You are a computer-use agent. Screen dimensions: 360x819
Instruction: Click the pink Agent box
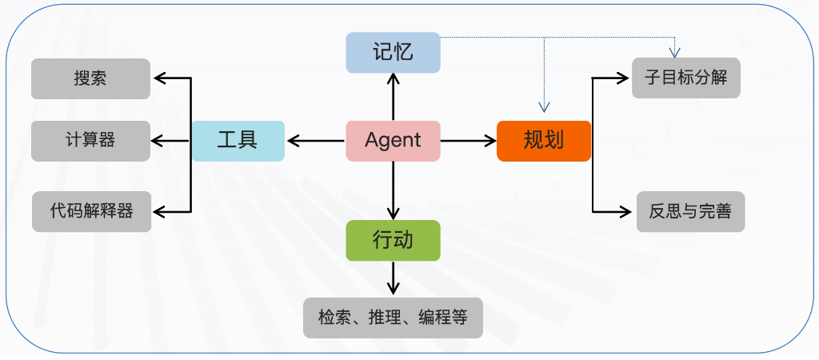[x=393, y=141]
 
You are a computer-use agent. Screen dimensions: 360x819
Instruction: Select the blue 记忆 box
[x=393, y=53]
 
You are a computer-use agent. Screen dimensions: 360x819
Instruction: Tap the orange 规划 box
[x=544, y=141]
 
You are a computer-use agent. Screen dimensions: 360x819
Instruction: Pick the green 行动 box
[x=393, y=240]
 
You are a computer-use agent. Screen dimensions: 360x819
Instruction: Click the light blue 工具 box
[x=238, y=141]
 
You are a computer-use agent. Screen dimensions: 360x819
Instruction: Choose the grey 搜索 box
[x=90, y=78]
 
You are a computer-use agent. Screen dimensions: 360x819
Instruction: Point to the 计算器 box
[x=90, y=141]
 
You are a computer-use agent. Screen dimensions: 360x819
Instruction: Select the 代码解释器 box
[x=91, y=212]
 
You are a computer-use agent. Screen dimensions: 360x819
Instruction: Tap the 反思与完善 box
[x=691, y=212]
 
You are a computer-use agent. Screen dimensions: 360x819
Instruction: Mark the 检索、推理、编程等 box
[x=393, y=318]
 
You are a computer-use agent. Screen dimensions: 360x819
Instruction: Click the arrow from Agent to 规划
[x=468, y=141]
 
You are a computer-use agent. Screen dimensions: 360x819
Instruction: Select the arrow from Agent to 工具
[x=315, y=141]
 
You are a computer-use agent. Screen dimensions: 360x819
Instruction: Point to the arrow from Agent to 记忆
[x=393, y=96]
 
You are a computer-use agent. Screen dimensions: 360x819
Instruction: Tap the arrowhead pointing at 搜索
[x=158, y=78]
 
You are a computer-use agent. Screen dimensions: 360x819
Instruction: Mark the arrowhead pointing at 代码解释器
[x=158, y=212]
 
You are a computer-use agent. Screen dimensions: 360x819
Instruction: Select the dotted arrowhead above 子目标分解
[x=675, y=52]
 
